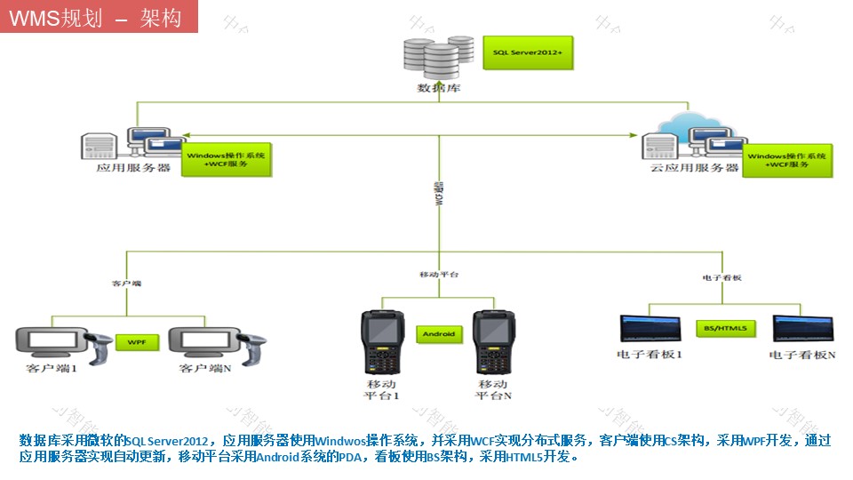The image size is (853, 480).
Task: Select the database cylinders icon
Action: click(x=438, y=57)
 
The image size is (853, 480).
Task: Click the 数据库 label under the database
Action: click(x=439, y=89)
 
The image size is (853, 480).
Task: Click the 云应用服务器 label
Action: click(x=694, y=167)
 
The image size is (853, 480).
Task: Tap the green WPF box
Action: click(x=137, y=341)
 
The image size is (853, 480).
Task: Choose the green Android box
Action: click(x=439, y=334)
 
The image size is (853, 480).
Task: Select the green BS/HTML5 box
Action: click(x=725, y=328)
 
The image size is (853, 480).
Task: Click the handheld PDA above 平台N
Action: click(x=493, y=341)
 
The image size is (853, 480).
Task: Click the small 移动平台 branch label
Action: click(x=439, y=275)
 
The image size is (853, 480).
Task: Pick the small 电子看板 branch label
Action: click(x=721, y=277)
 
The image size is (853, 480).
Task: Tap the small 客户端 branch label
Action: click(x=126, y=284)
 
